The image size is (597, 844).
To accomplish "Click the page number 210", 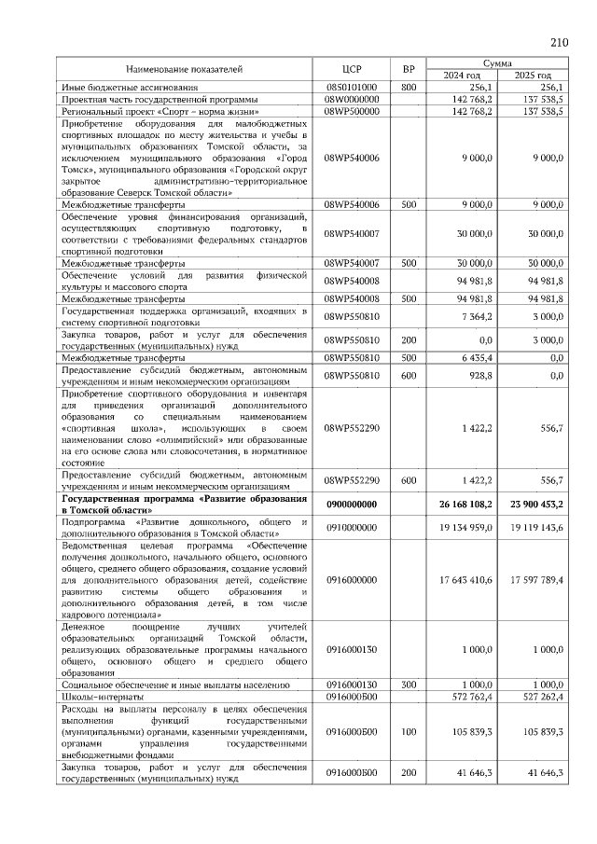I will pyautogui.click(x=560, y=43).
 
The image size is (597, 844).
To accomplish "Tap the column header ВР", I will pyautogui.click(x=408, y=69).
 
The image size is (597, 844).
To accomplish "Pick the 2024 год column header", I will pyautogui.click(x=462, y=76).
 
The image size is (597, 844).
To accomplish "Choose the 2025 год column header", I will pyautogui.click(x=533, y=76).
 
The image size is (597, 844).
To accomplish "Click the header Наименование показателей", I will pyautogui.click(x=185, y=69).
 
